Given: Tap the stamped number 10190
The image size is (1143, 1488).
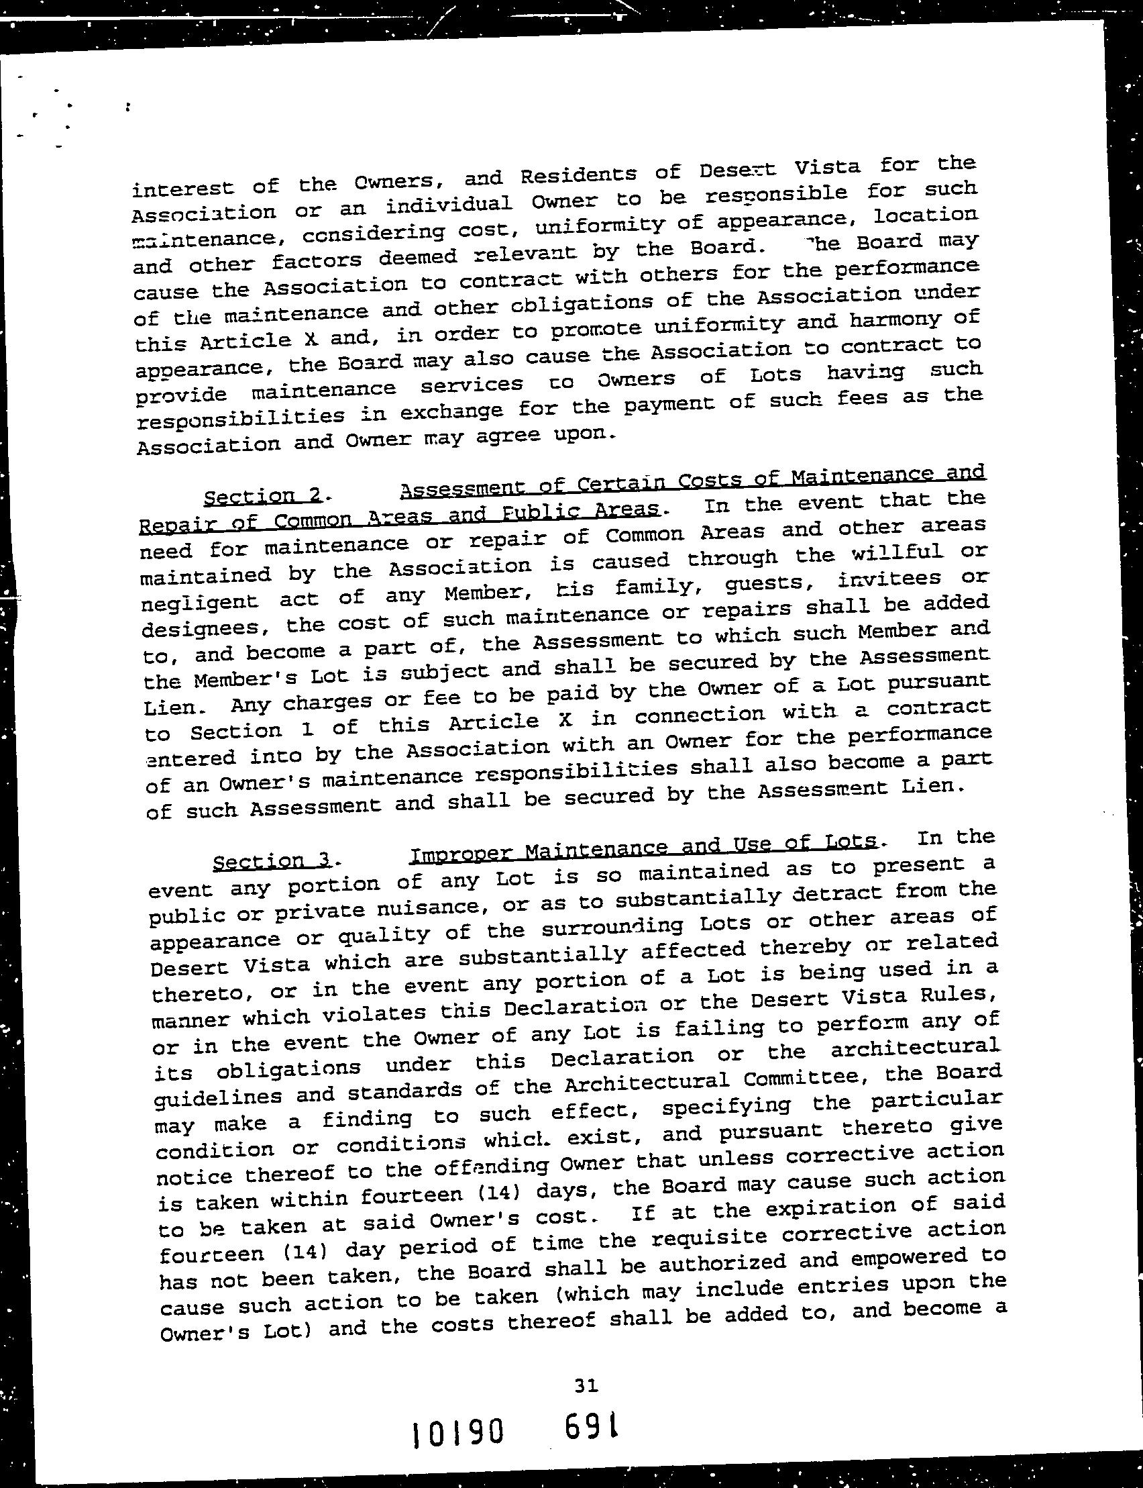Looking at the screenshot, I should point(458,1436).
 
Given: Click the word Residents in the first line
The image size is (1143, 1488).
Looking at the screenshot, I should point(580,175).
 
